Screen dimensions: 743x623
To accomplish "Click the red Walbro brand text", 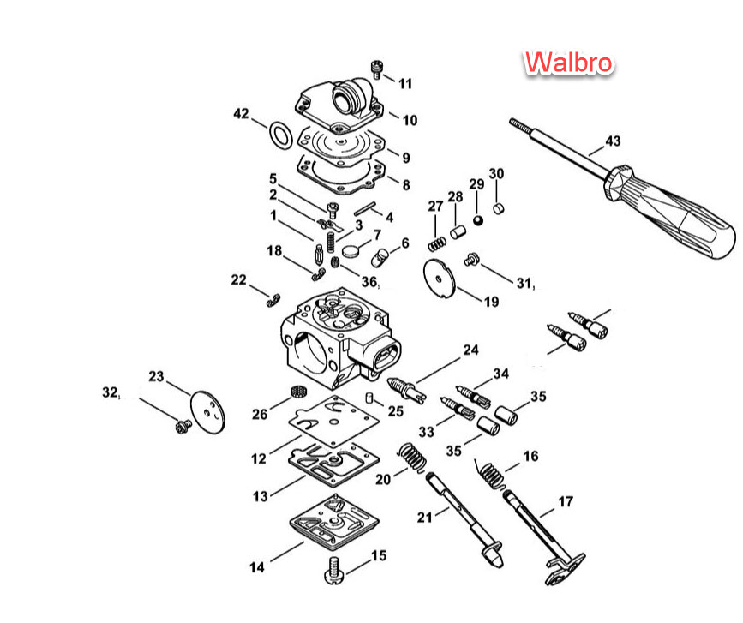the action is click(568, 62).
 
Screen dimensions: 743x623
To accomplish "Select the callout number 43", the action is click(613, 141).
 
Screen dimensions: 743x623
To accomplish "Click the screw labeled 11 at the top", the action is click(376, 69).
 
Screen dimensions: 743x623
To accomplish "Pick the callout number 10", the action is click(410, 120).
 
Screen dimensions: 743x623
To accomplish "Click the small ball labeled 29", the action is click(477, 220).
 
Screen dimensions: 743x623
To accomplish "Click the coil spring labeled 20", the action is click(411, 458).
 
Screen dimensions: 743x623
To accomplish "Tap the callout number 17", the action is click(566, 501).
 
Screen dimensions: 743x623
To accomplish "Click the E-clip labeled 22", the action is click(273, 300).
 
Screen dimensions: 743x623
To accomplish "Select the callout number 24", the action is click(470, 350).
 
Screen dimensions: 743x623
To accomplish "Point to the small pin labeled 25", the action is click(368, 397).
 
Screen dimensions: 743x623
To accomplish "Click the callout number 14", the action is click(257, 566).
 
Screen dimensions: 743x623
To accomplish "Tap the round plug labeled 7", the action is click(351, 250).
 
